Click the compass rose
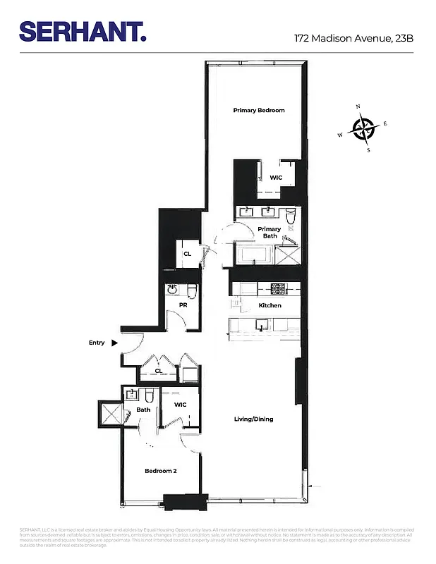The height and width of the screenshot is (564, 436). (363, 128)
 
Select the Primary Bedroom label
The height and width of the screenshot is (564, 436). (259, 111)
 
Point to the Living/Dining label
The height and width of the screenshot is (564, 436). (253, 419)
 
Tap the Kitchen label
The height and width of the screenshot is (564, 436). (270, 305)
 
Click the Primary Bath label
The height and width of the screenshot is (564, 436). (269, 233)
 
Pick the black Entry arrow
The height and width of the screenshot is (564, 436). (115, 343)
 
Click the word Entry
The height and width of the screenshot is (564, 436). (97, 343)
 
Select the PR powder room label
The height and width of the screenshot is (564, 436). (182, 305)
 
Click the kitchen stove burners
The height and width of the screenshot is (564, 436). (277, 288)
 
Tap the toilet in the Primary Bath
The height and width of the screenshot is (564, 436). (290, 214)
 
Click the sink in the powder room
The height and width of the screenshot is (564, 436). (172, 289)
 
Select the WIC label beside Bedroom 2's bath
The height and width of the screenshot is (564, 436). (180, 405)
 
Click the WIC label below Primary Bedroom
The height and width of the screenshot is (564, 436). (276, 178)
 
